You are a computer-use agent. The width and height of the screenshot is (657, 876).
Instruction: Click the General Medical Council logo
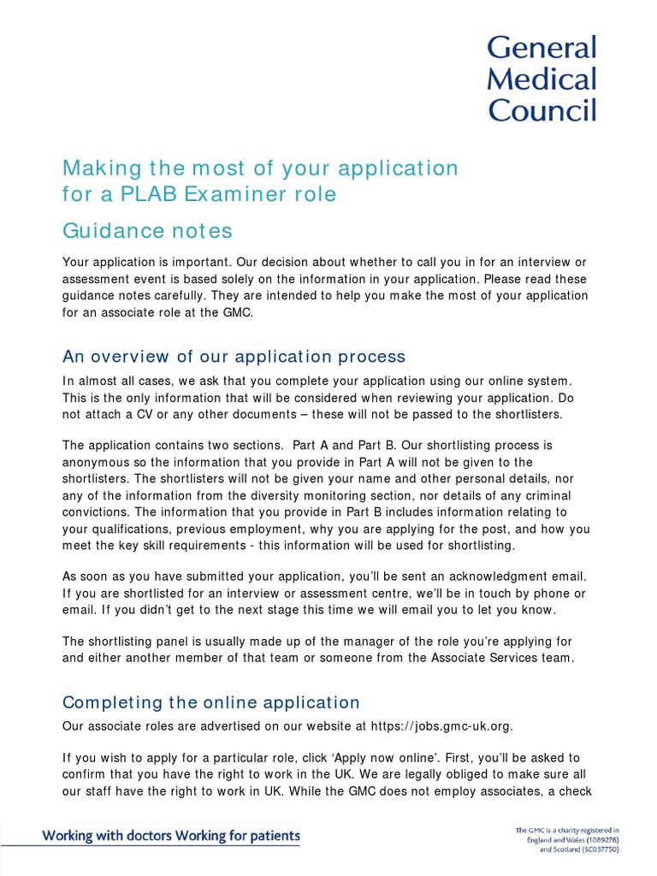point(542,79)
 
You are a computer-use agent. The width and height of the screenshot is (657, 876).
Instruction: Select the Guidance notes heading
point(147,231)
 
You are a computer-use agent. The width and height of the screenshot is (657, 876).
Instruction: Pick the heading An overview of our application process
point(234,357)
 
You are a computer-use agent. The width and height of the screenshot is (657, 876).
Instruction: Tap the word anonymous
point(99,462)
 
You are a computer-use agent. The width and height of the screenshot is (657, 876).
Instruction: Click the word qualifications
point(127,529)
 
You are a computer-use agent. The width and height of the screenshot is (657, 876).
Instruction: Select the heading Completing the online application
point(211,702)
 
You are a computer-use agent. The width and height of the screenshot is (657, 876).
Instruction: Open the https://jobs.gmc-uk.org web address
point(441,726)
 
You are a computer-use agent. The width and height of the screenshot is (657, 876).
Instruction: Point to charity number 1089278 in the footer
point(599,841)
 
